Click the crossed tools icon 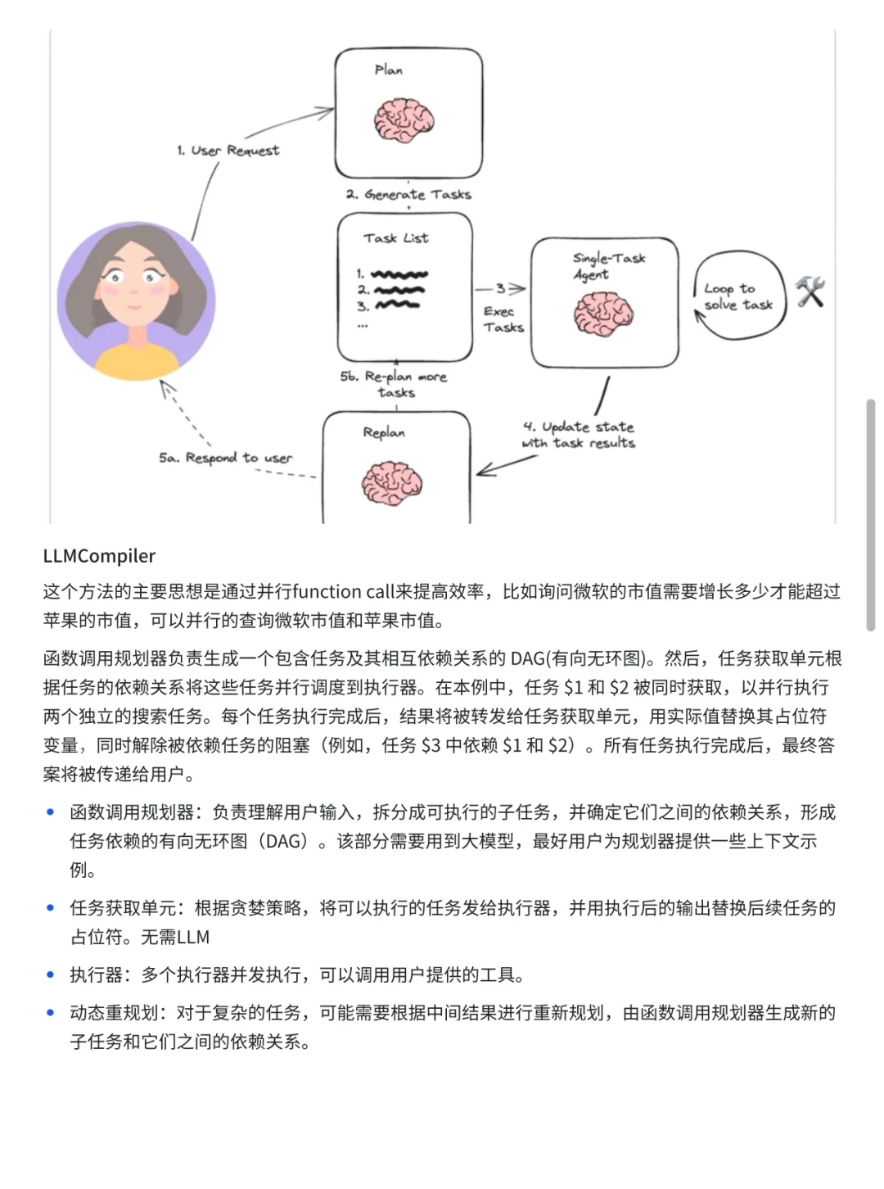pos(810,292)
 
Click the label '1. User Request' pos(228,151)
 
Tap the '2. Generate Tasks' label pos(408,195)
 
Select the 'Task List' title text pos(396,238)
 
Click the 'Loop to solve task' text pos(737,296)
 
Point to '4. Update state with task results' pos(579,435)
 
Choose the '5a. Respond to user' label pos(226,458)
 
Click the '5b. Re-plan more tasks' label pos(395,385)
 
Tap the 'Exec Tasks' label pos(503,319)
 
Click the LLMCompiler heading pos(99,556)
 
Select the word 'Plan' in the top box pos(389,70)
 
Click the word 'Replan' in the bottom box pos(384,432)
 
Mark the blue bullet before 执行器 pos(51,975)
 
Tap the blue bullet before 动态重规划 pos(51,1013)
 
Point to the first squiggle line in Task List pos(399,274)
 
